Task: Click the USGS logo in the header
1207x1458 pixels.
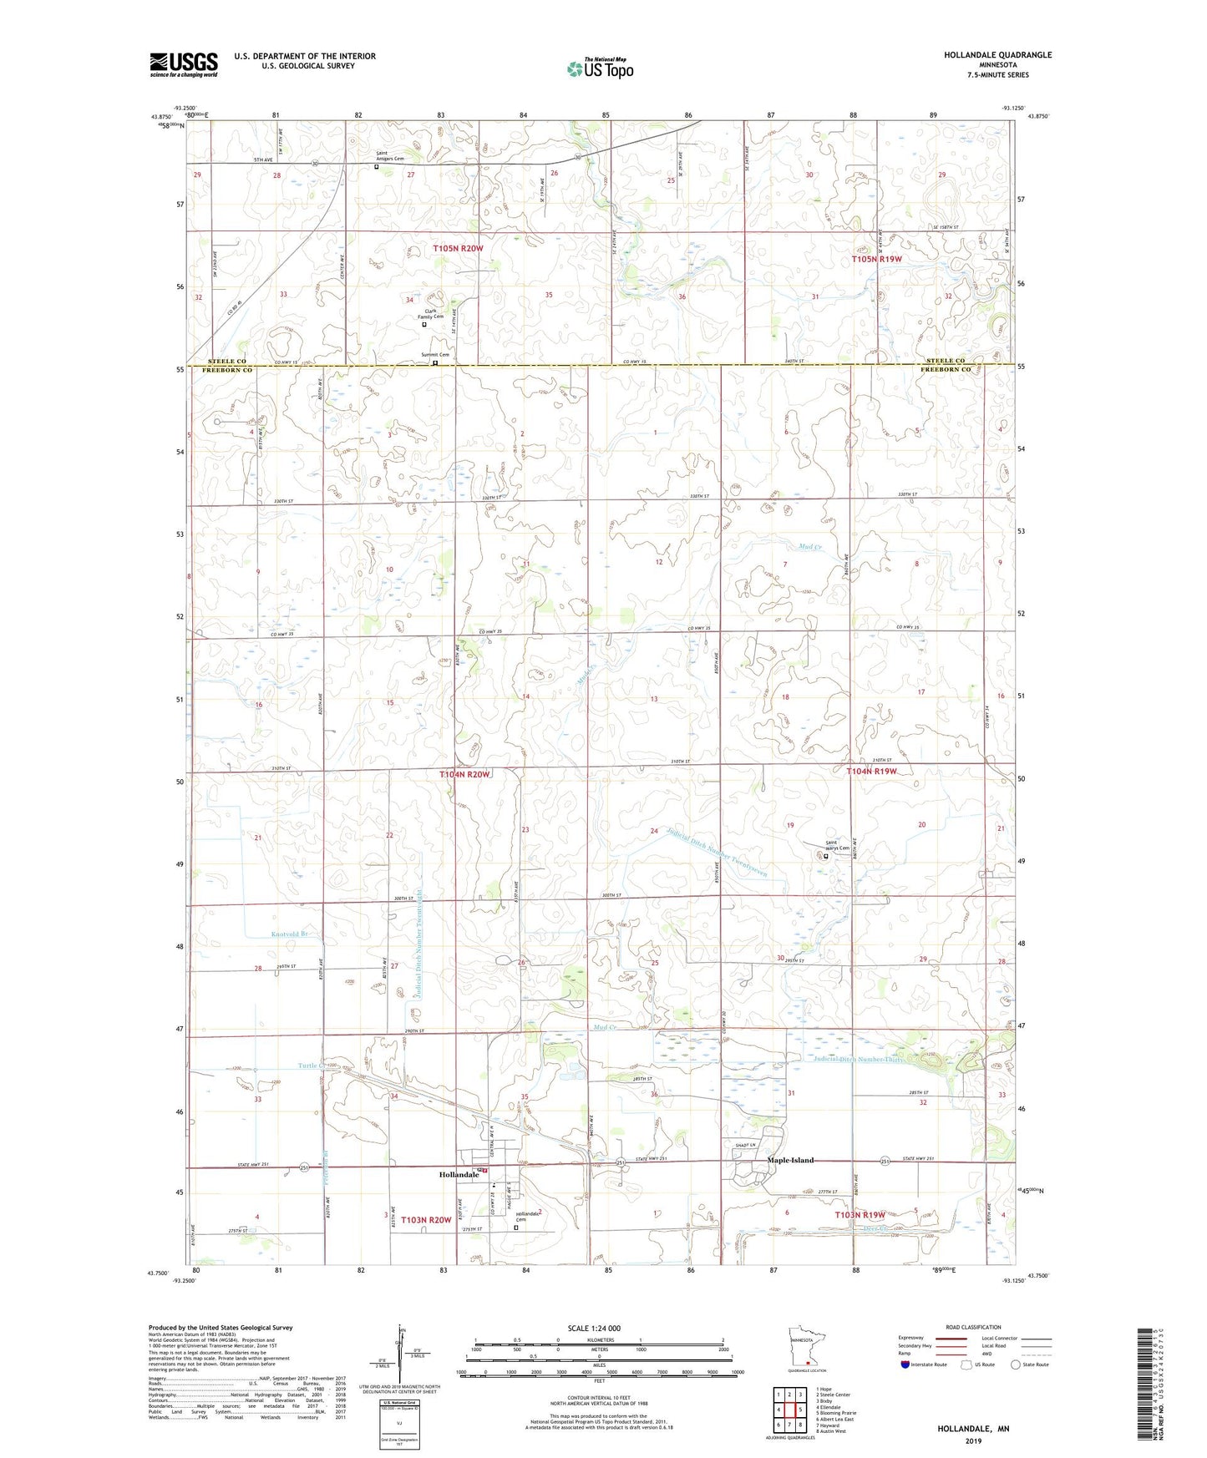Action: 184,64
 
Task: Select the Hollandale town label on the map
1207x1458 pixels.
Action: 459,1174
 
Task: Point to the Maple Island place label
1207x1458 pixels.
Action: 789,1160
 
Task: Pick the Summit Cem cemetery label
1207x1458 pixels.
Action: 434,355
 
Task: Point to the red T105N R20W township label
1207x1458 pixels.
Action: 458,249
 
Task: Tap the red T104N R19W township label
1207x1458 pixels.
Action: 870,772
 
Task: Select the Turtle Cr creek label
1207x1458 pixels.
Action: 311,1066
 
